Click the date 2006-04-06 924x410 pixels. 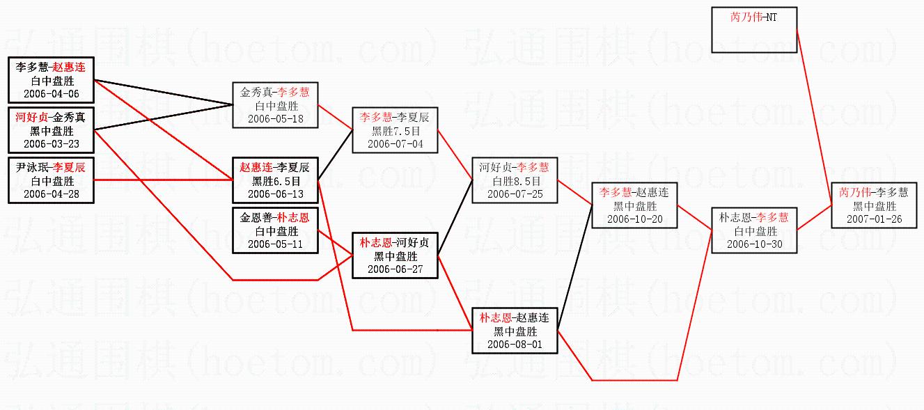coord(51,94)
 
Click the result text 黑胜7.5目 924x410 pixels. coord(396,131)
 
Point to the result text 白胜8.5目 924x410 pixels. coord(515,181)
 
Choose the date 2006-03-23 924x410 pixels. coord(51,144)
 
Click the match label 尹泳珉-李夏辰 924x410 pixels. coord(51,167)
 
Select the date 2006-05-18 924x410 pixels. coord(275,118)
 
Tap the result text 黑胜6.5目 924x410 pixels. coord(275,181)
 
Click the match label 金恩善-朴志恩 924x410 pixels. coord(275,217)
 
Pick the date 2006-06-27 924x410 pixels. coord(396,269)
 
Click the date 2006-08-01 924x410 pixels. coord(515,344)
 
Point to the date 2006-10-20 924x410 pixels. coord(634,219)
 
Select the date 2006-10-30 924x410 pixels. coord(754,244)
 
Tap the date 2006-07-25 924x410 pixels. coord(515,194)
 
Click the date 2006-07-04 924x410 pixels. coord(396,144)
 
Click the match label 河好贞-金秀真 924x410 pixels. coord(51,117)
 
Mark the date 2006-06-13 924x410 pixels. coord(275,194)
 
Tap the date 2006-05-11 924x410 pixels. coord(275,244)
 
